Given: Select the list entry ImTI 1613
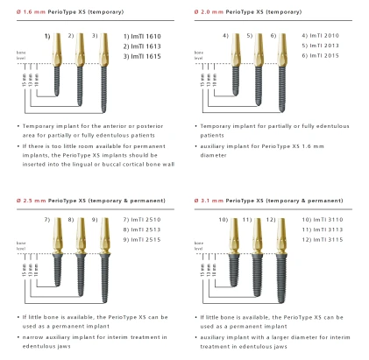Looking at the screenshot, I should tap(143, 45).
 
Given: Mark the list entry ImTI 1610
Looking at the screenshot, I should tap(143, 36).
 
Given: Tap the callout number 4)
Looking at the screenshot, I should tap(225, 35).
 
